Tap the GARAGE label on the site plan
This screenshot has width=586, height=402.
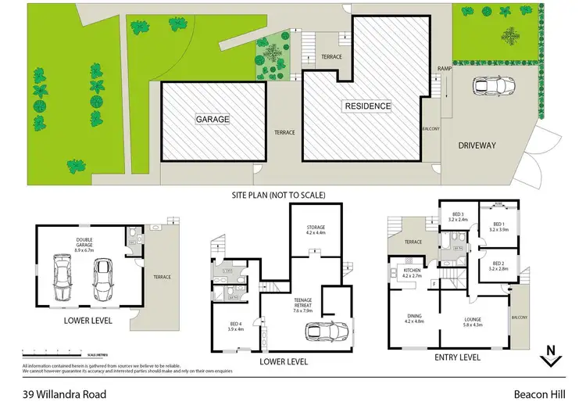(x=212, y=120)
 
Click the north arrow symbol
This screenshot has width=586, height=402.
(x=552, y=357)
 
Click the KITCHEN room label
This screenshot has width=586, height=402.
(x=411, y=271)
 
